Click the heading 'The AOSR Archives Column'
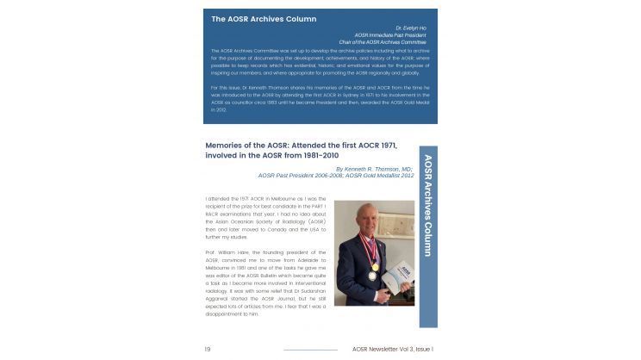click(264, 19)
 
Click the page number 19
click(208, 349)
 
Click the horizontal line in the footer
click(310, 350)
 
